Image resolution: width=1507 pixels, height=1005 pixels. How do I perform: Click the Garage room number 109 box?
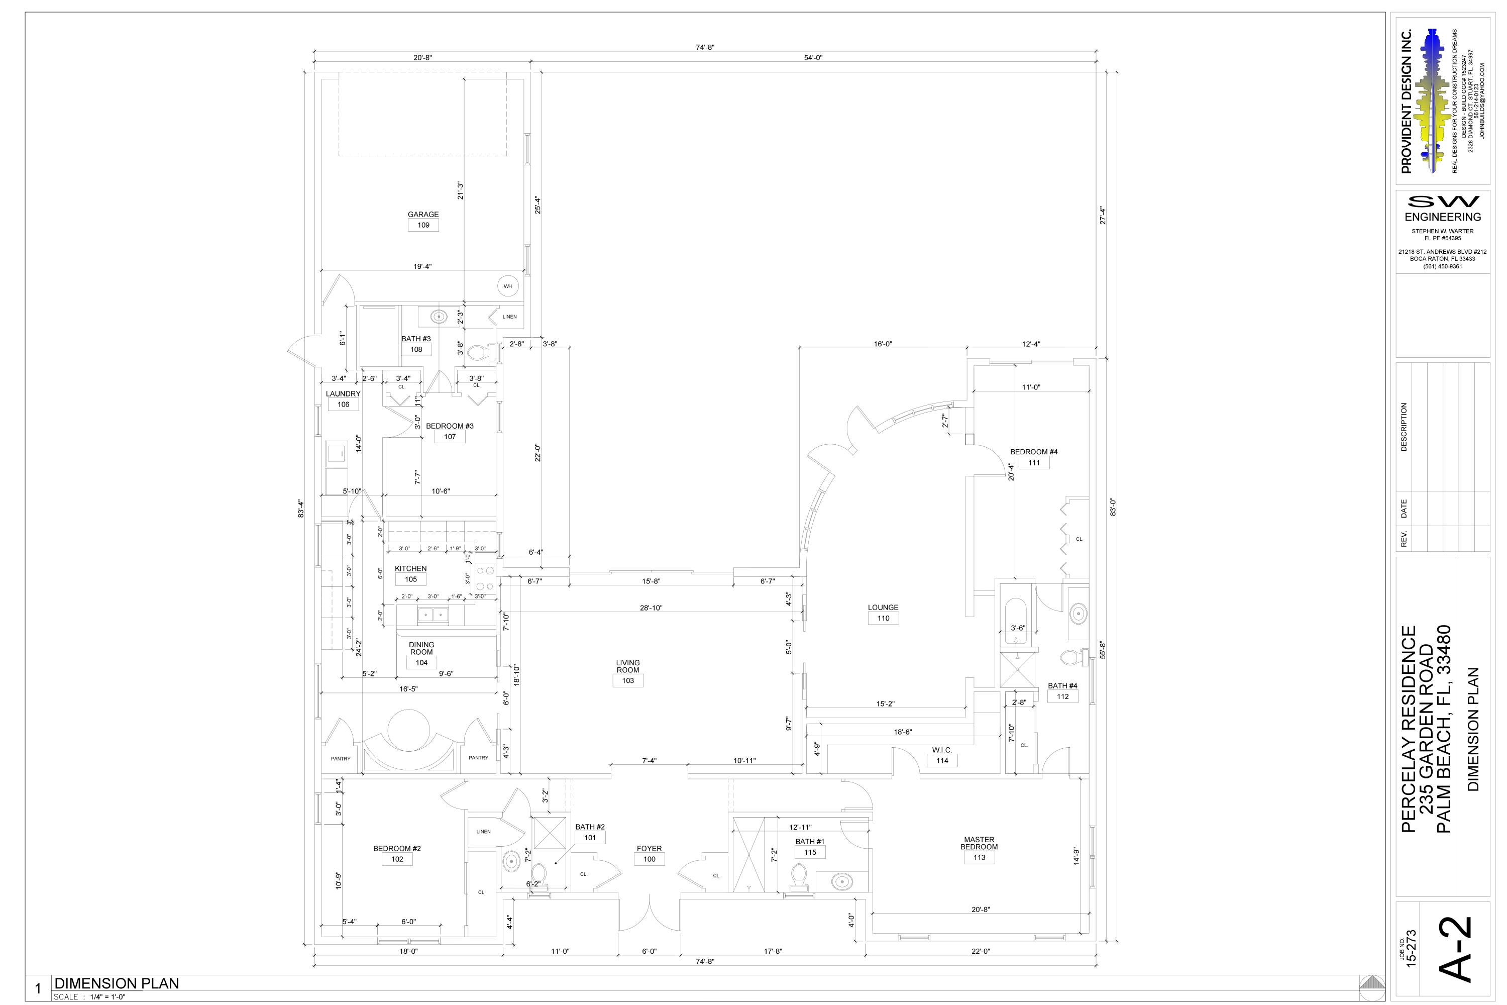[423, 226]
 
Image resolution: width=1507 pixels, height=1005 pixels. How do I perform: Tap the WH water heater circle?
[507, 286]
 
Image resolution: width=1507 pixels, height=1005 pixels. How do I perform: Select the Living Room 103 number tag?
[628, 681]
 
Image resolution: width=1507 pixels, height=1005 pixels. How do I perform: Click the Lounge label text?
[883, 608]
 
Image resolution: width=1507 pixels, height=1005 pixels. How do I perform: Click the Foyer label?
[649, 849]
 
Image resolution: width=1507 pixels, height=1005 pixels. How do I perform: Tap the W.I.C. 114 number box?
[942, 761]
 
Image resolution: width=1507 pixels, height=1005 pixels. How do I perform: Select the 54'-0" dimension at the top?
[813, 58]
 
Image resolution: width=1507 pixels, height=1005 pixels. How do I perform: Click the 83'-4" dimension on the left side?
[300, 508]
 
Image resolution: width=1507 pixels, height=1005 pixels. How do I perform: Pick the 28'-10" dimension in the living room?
[651, 608]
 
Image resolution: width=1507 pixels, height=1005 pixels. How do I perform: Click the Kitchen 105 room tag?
[411, 579]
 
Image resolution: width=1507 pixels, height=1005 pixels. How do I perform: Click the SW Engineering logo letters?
[1442, 202]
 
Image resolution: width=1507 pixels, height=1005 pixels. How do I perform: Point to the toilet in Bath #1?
[798, 877]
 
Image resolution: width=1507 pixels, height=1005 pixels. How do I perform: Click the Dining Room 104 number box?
[421, 663]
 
